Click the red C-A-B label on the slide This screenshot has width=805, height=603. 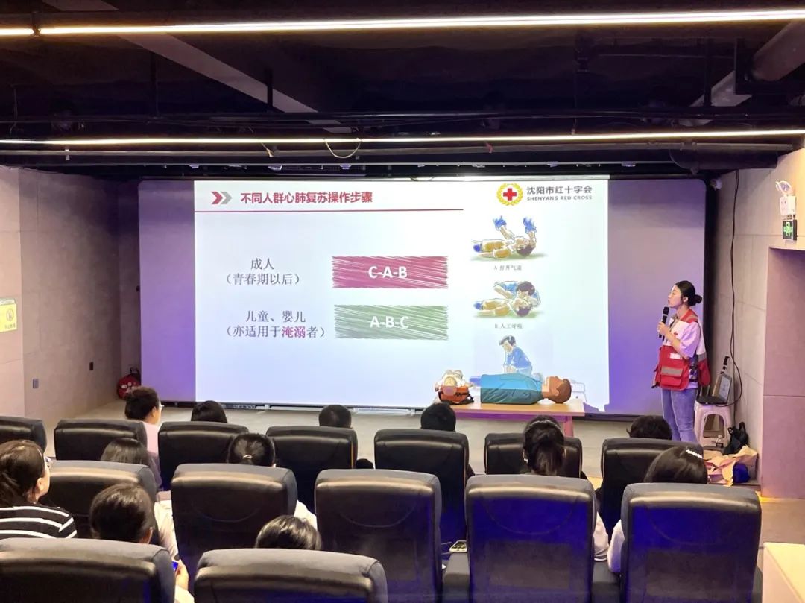pyautogui.click(x=390, y=272)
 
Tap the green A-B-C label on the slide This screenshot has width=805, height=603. pyautogui.click(x=391, y=322)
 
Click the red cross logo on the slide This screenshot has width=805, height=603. pyautogui.click(x=510, y=195)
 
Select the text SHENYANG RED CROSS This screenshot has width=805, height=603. pyautogui.click(x=559, y=198)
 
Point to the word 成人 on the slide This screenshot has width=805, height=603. pyautogui.click(x=263, y=264)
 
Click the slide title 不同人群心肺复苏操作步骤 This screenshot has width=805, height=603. pyautogui.click(x=306, y=198)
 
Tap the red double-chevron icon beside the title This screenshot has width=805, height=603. pyautogui.click(x=221, y=198)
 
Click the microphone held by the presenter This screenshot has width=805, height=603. pyautogui.click(x=664, y=316)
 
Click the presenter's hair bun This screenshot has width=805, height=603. pyautogui.click(x=696, y=298)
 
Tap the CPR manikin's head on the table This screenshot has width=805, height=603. pyautogui.click(x=558, y=389)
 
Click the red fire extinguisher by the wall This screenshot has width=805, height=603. pyautogui.click(x=127, y=385)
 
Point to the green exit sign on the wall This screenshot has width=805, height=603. pyautogui.click(x=789, y=230)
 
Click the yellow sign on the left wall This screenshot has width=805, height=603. pyautogui.click(x=7, y=315)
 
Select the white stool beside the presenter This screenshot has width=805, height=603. pyautogui.click(x=713, y=422)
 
